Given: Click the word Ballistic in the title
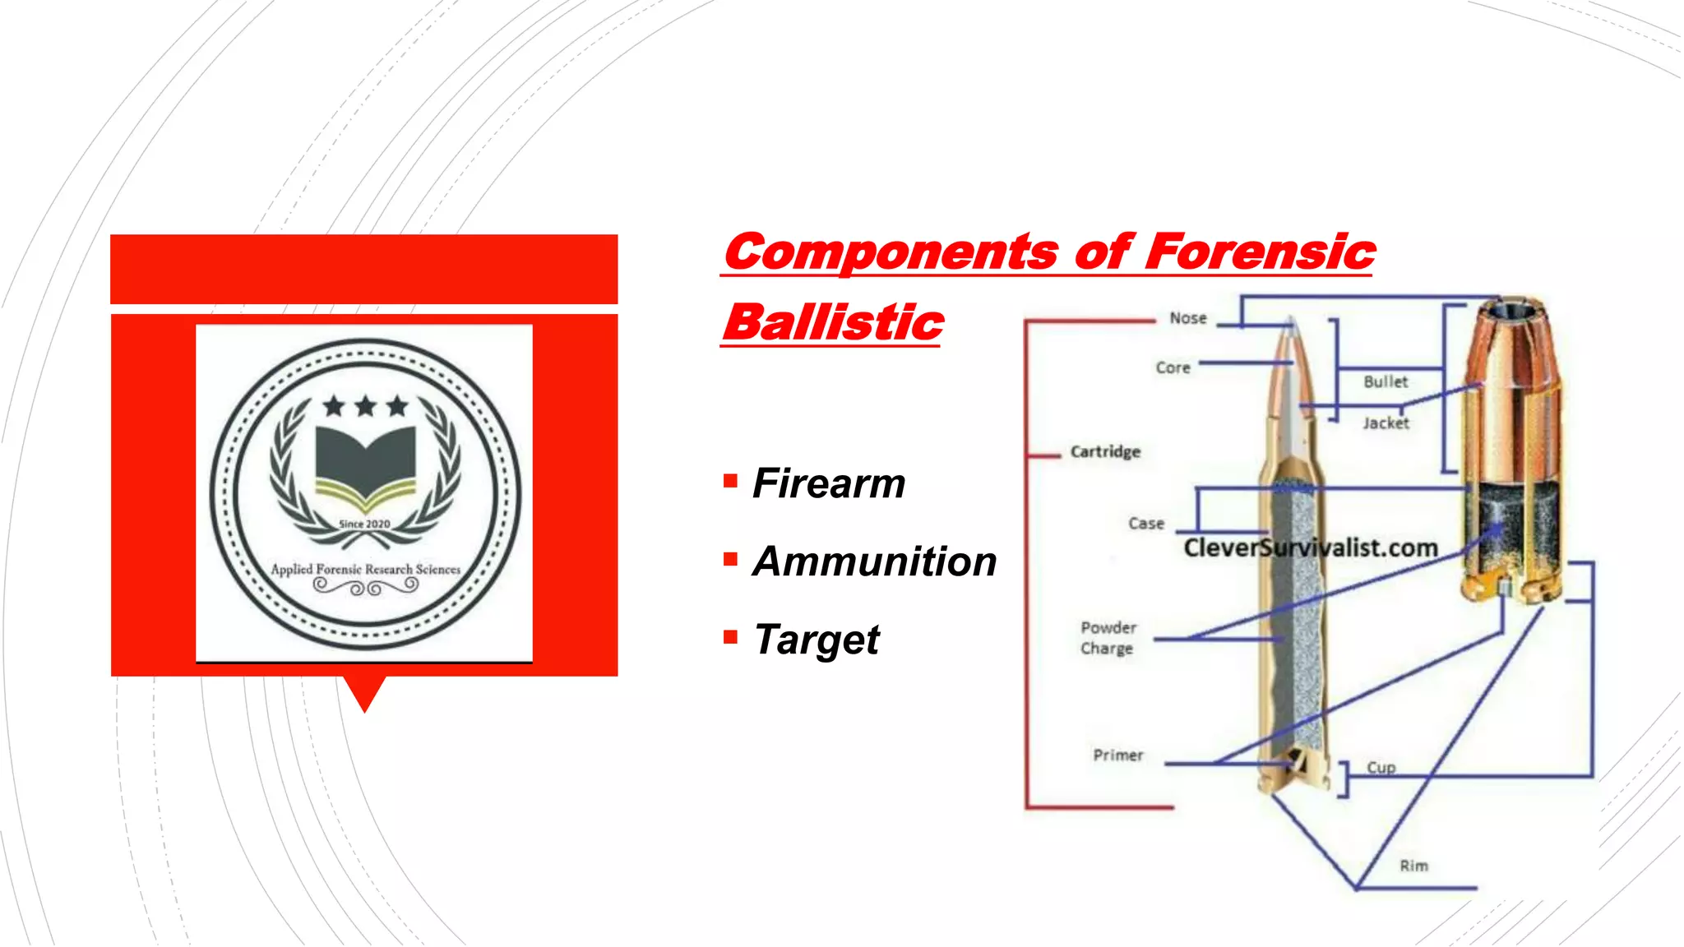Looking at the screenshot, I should (832, 322).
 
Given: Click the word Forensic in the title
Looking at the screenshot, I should (1259, 252).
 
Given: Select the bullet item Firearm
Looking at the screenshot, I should (829, 483).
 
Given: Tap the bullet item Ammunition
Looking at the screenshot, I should (874, 561).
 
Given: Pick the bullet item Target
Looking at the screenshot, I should (817, 640).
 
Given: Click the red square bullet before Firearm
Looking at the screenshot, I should (730, 480).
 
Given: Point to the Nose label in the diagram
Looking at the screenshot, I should (1188, 318).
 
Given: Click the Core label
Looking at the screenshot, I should (1173, 367).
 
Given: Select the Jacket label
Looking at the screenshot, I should (1386, 423).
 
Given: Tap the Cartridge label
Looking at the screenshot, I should (1105, 451).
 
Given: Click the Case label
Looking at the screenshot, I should (1146, 524).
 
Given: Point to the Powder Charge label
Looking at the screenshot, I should (1108, 638).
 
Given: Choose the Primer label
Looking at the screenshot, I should (1118, 755).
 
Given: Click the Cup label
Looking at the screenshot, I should (1381, 767).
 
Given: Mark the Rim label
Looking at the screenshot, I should (1413, 866).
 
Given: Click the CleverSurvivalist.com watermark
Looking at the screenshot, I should (1311, 547).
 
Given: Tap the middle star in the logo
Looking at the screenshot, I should (365, 405).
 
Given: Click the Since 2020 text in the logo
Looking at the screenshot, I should (364, 524).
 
